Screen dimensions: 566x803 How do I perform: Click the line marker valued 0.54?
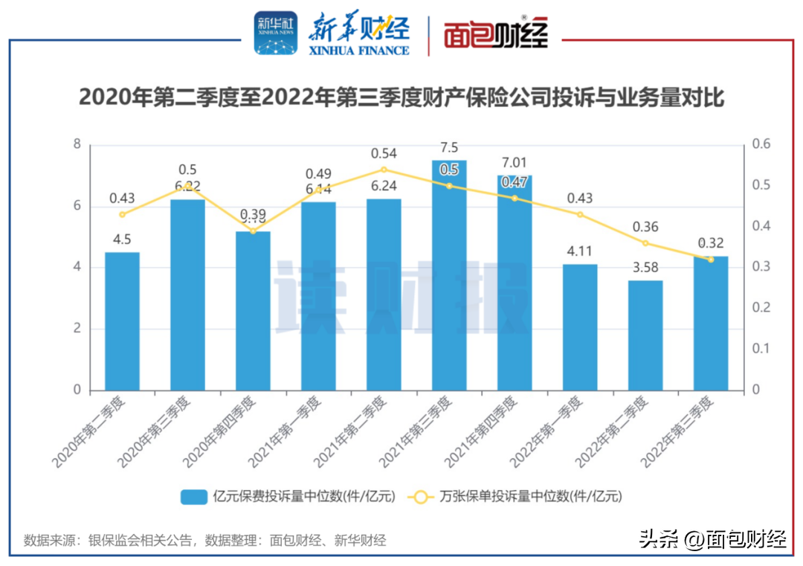pos(384,170)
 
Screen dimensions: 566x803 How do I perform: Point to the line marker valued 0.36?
pos(645,243)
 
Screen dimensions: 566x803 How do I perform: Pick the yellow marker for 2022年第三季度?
pos(711,260)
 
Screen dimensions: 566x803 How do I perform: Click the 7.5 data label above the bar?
pos(449,147)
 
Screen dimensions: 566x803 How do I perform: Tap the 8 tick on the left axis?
pos(77,144)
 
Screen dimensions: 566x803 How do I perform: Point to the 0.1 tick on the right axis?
pos(759,349)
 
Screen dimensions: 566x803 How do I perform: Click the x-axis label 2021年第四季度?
pos(483,431)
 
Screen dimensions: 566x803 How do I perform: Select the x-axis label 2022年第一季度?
pos(549,431)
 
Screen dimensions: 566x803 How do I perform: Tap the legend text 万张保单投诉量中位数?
pos(531,496)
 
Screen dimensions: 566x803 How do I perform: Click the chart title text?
pos(401,97)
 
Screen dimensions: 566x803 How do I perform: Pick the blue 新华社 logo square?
pos(275,33)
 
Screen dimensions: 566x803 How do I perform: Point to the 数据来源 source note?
pos(205,540)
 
